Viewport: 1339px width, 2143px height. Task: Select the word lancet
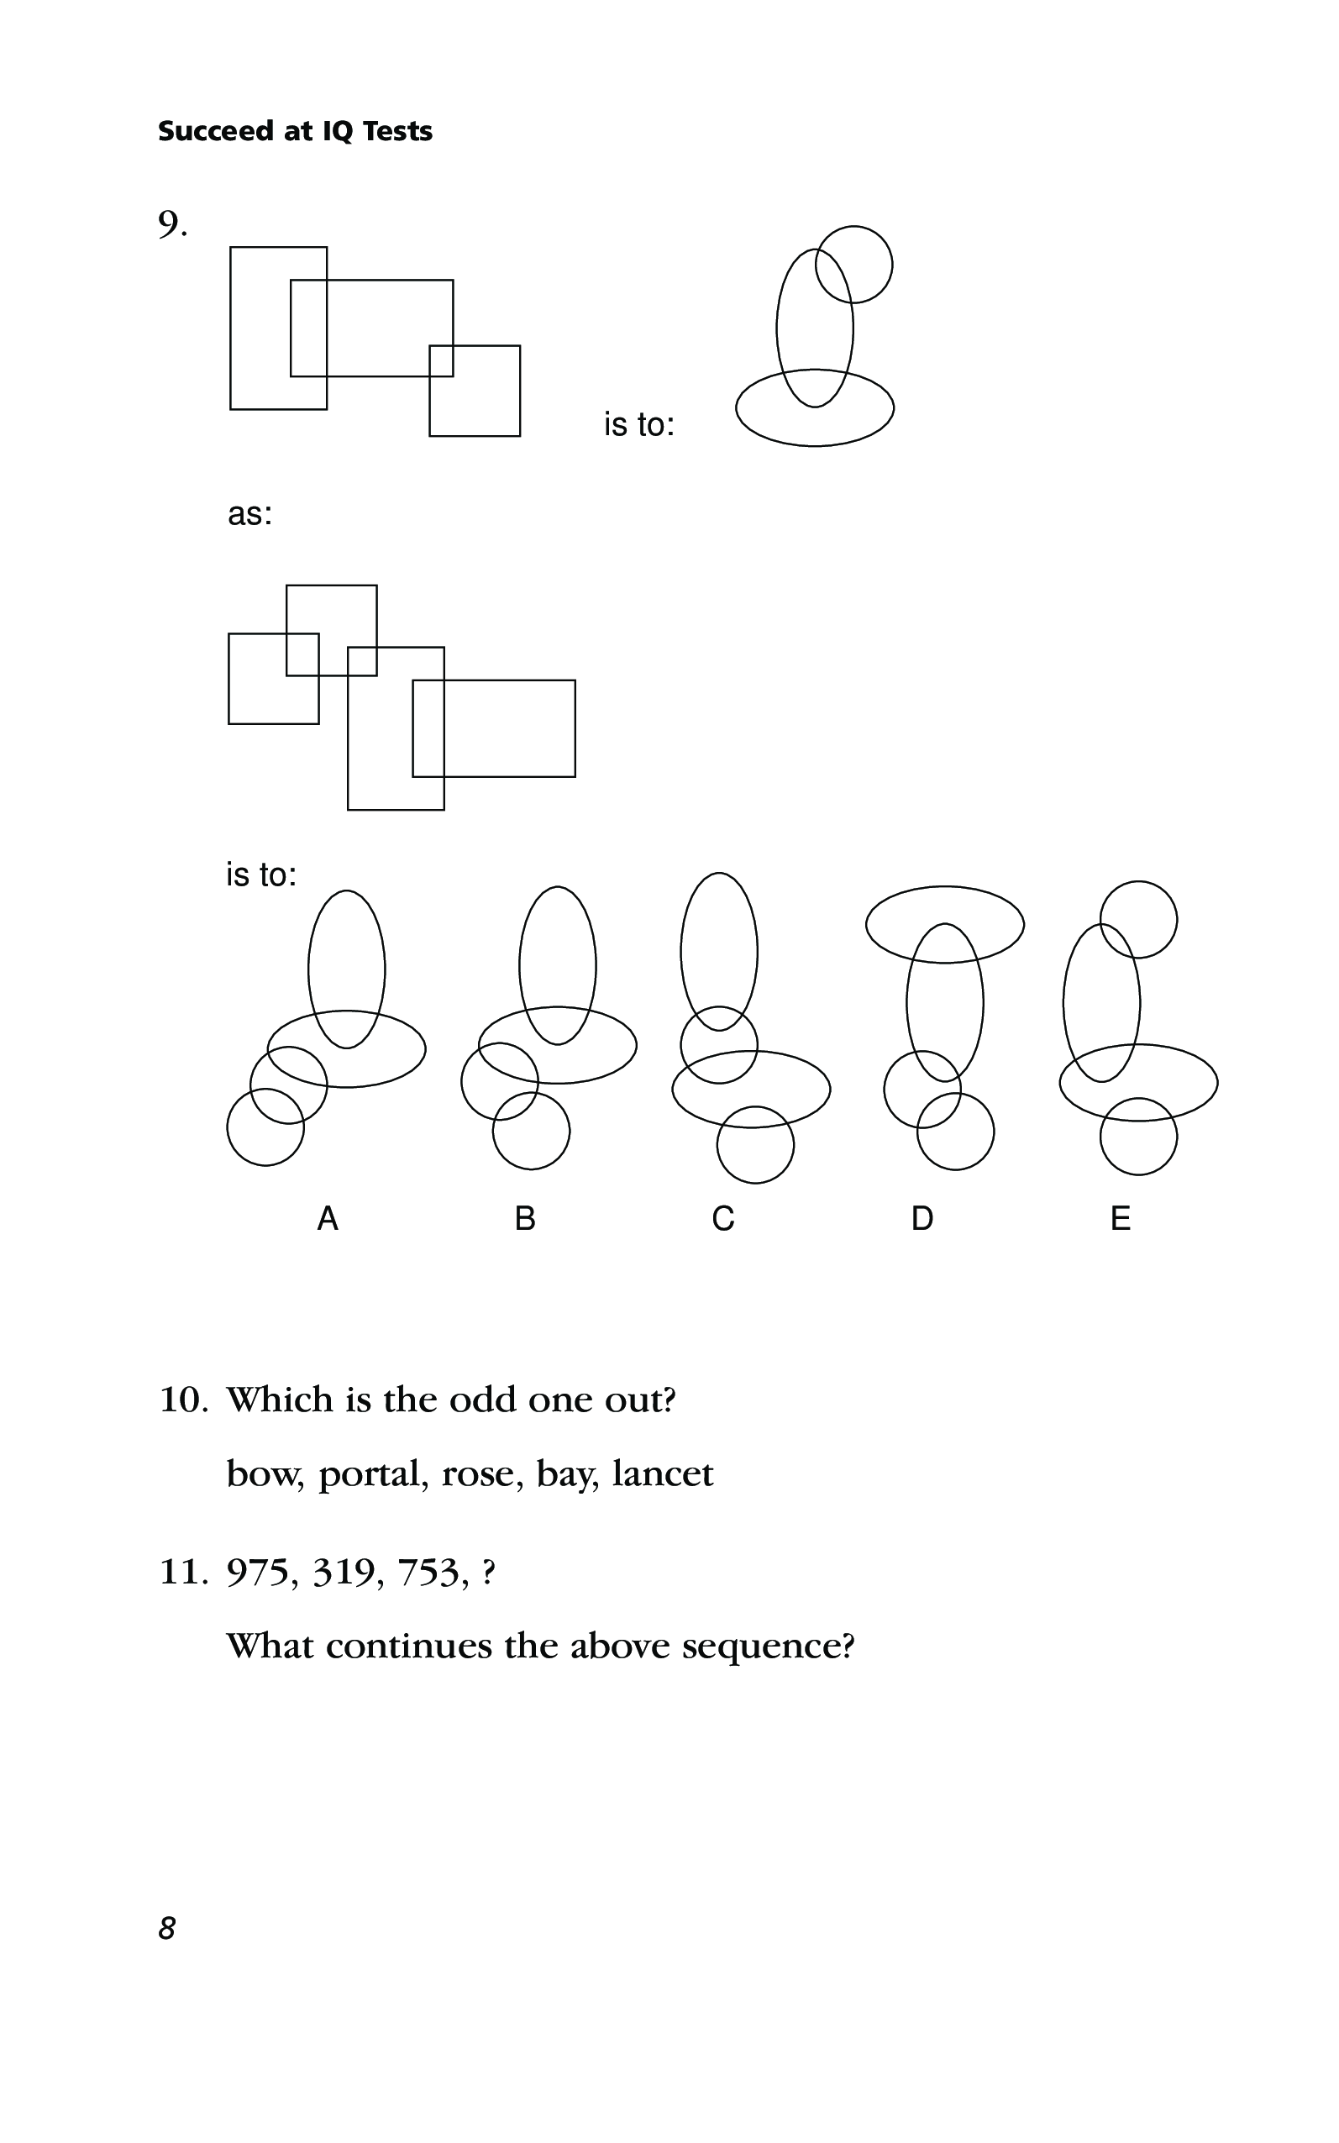coord(663,1474)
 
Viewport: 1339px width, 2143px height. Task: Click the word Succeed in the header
coord(216,131)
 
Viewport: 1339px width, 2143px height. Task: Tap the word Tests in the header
coord(397,131)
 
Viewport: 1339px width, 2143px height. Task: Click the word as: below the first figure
coord(250,514)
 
